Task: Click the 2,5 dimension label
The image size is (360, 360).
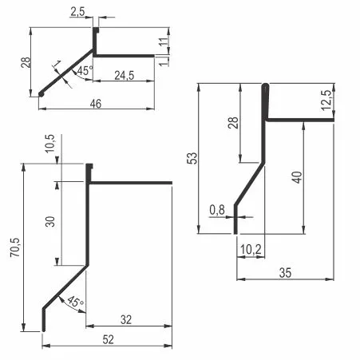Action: [x=77, y=12]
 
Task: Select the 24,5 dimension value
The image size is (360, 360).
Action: [x=125, y=76]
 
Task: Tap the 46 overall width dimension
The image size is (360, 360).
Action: [x=96, y=104]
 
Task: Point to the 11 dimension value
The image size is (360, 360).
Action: [x=164, y=42]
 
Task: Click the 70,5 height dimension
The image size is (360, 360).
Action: [x=15, y=247]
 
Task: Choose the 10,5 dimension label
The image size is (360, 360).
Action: [x=50, y=144]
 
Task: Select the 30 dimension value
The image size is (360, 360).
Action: [x=50, y=221]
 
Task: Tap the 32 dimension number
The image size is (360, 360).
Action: [x=126, y=319]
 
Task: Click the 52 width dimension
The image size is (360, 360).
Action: [x=108, y=340]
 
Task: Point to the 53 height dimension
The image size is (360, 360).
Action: [x=193, y=158]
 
